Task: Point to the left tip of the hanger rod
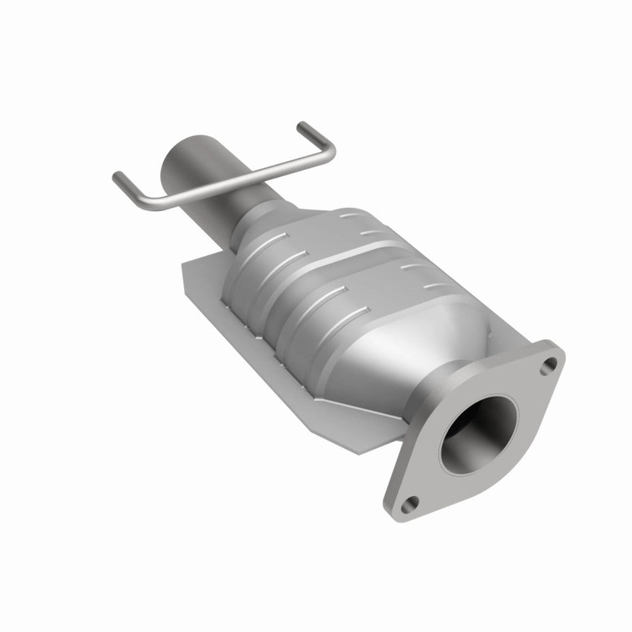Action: click(x=116, y=174)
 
